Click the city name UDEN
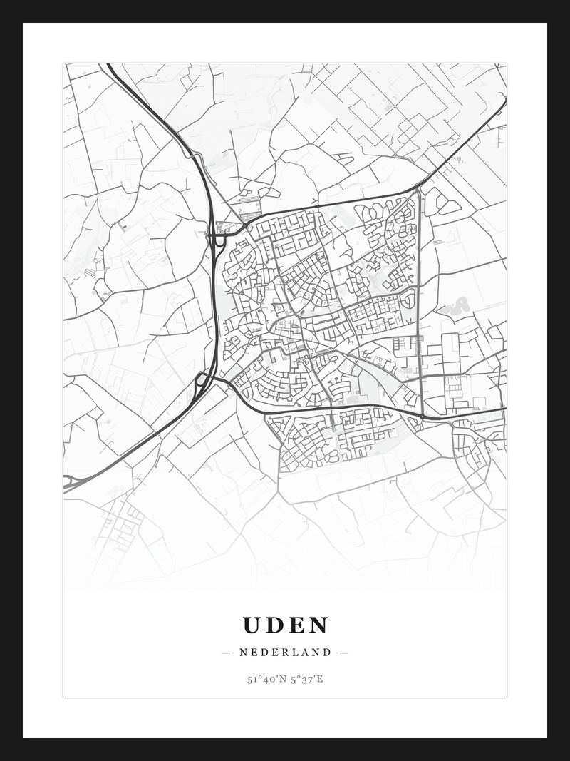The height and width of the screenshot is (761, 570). click(285, 625)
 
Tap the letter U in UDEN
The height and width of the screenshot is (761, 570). click(252, 625)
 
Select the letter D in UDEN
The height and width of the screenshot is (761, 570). click(275, 625)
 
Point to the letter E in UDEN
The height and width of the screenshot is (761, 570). click(297, 625)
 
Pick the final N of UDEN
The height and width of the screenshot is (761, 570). click(319, 625)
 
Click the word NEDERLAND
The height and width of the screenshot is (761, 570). click(285, 652)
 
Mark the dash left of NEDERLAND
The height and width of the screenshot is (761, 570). click(227, 652)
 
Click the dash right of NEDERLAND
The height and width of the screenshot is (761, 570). click(344, 652)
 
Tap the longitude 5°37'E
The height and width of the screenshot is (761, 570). click(307, 679)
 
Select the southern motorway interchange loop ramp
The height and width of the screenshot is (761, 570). click(202, 379)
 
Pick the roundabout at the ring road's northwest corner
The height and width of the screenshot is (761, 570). click(245, 226)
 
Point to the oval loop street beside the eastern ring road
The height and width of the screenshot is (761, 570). click(408, 298)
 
